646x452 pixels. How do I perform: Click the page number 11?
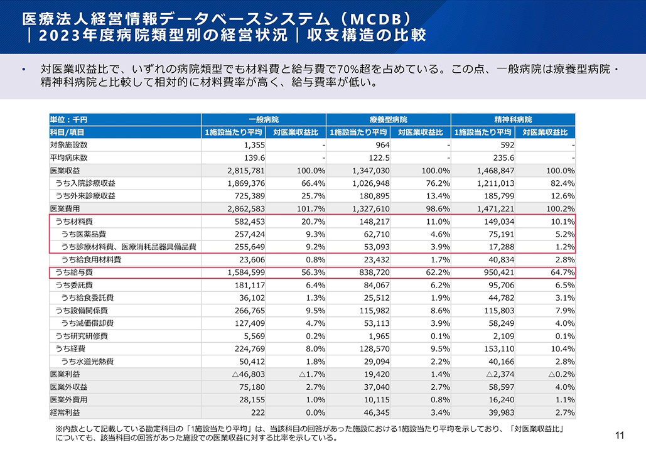point(620,435)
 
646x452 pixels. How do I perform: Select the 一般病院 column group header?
point(264,119)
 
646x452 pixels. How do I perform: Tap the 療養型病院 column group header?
point(389,119)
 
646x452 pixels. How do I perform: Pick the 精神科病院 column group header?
point(513,119)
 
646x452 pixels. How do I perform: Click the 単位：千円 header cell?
point(68,119)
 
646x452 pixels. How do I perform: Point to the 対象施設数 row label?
point(68,145)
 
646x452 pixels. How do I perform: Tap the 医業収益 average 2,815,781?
point(240,171)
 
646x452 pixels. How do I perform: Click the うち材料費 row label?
point(74,222)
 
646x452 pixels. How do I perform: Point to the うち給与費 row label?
point(74,273)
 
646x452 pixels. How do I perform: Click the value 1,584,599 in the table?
point(240,273)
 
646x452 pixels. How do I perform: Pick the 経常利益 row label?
point(65,412)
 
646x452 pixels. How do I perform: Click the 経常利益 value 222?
point(256,412)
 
